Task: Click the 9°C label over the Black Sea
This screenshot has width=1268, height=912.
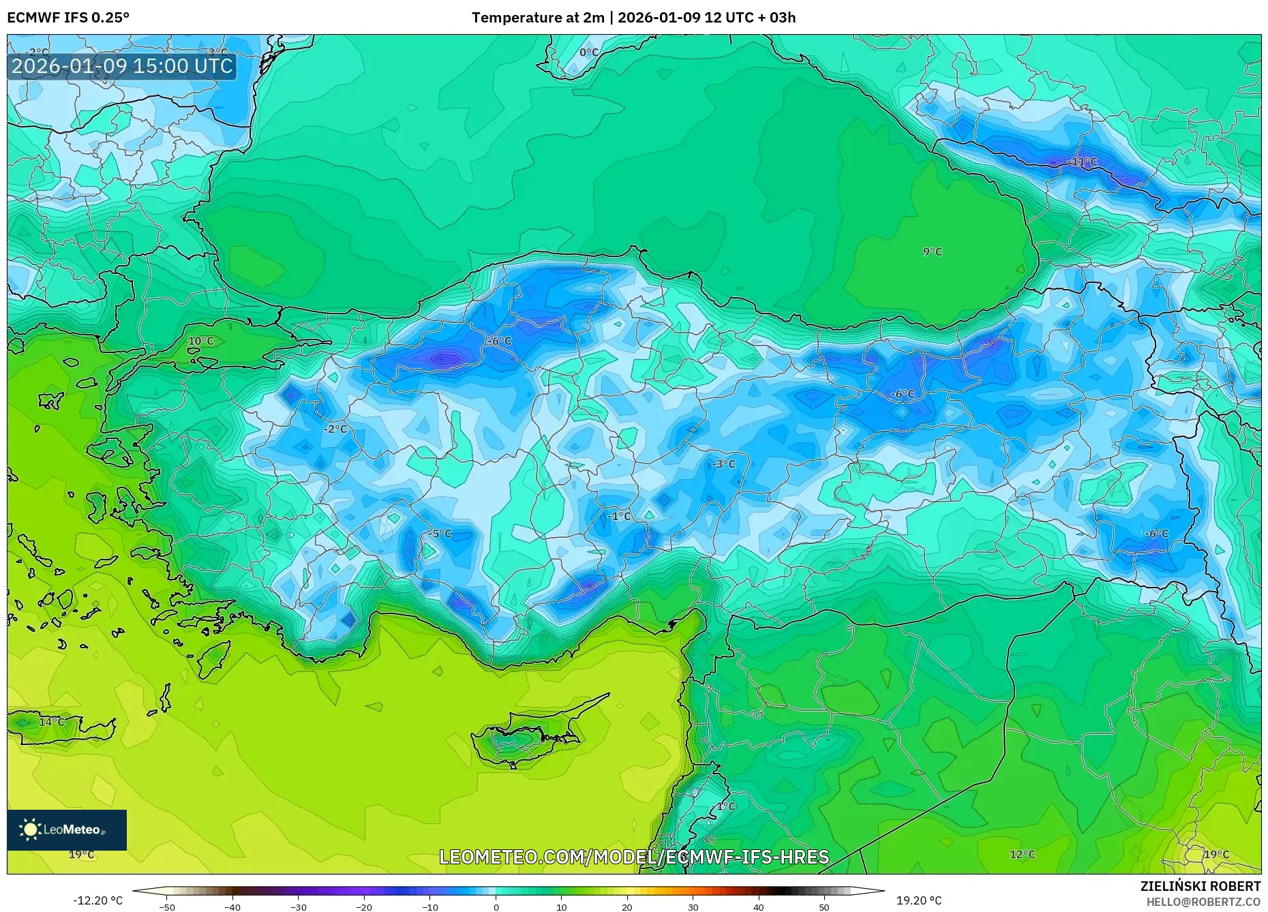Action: pos(932,252)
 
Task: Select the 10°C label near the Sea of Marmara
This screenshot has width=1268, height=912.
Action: pos(200,341)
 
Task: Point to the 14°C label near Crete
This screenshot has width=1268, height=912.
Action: pos(51,722)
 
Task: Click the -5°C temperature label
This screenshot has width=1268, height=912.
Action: pos(441,534)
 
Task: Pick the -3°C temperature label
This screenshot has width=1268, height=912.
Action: pos(723,464)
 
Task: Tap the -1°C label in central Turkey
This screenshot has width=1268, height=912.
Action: pos(619,516)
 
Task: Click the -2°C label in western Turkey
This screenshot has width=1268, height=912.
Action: pos(335,429)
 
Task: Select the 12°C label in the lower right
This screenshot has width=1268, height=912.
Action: pos(1022,854)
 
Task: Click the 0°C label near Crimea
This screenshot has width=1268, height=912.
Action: pos(588,52)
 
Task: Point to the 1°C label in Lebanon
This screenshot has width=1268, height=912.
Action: pos(725,806)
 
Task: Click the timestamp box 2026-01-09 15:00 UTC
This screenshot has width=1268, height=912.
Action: pos(122,66)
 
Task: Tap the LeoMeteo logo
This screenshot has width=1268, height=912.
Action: pos(66,830)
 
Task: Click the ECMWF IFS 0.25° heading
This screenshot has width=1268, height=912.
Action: pos(68,18)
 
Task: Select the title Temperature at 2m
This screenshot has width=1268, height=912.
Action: pos(537,18)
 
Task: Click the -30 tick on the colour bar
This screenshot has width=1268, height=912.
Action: pos(298,907)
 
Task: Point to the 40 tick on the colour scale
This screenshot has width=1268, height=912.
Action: pos(759,907)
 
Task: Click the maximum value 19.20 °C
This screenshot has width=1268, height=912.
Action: pos(918,900)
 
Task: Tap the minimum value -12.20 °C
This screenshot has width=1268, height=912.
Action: pos(97,900)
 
